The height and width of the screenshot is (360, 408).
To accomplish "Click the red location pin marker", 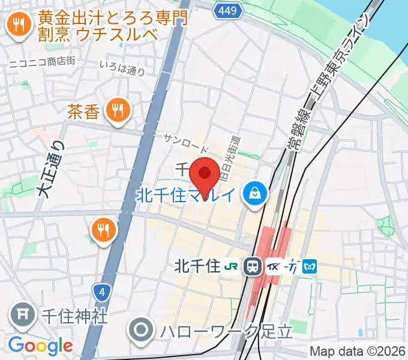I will (x=205, y=174).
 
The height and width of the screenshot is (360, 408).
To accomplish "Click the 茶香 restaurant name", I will (x=83, y=111).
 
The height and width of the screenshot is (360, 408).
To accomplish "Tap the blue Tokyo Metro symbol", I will (x=310, y=265).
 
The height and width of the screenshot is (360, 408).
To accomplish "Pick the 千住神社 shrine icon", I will (x=23, y=315).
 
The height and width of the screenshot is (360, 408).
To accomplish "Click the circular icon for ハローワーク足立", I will (x=143, y=329).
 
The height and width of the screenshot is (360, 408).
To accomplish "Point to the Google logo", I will (x=40, y=346).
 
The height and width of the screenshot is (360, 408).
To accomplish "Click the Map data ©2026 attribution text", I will (x=358, y=351).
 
